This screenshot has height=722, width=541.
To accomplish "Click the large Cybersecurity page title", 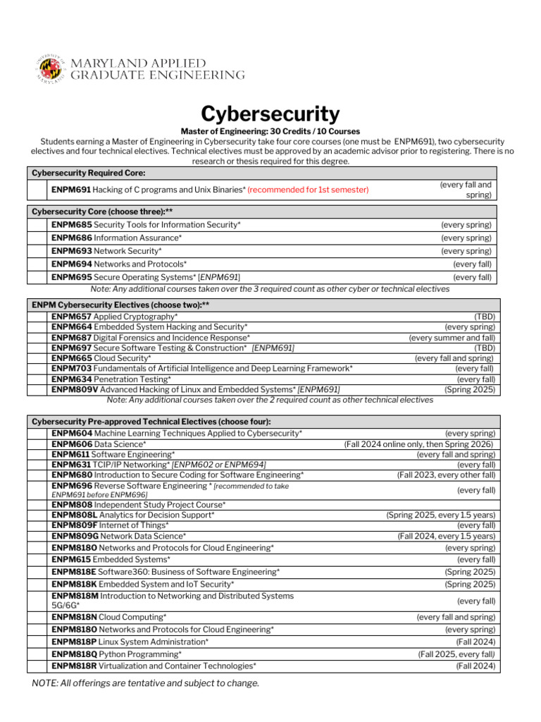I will [x=270, y=114].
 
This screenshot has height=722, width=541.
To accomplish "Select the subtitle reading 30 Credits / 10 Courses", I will [x=270, y=131].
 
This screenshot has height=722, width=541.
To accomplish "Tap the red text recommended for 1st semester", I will [x=308, y=190].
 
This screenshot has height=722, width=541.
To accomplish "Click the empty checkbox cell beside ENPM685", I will [x=38, y=224].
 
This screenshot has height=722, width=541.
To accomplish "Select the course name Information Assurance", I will [x=137, y=238].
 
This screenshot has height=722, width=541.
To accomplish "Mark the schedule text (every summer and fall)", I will [x=452, y=338].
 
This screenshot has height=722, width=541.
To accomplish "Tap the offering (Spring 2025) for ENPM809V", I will [x=469, y=389].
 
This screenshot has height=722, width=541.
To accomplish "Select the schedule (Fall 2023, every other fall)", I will [x=446, y=475].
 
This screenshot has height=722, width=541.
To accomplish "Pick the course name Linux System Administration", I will [x=153, y=642].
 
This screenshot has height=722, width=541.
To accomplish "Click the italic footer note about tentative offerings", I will [x=146, y=683].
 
